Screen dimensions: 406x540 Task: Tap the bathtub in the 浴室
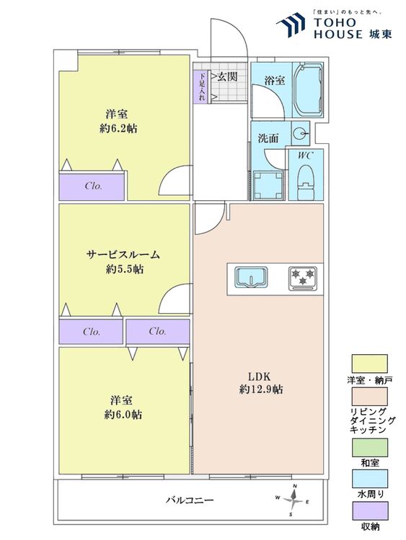(309, 90)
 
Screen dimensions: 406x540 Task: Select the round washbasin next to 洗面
(300, 133)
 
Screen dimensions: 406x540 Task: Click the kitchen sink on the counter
(252, 277)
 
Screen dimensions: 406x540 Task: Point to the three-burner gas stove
(302, 277)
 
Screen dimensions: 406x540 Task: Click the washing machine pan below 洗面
(268, 185)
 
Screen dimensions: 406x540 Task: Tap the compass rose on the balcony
(294, 500)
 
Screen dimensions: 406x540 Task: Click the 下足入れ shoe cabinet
(202, 87)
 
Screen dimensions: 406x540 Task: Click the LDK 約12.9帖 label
(261, 382)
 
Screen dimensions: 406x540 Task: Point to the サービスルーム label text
(123, 255)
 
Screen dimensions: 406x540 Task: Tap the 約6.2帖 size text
(118, 128)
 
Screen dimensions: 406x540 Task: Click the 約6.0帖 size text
(123, 414)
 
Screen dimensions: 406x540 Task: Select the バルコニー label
(190, 500)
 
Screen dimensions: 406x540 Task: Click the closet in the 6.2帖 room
(92, 186)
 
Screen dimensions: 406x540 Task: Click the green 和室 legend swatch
(369, 448)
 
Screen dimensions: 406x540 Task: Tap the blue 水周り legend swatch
(369, 479)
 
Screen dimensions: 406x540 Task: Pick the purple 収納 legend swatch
(369, 511)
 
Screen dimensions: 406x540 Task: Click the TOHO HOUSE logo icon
(291, 24)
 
